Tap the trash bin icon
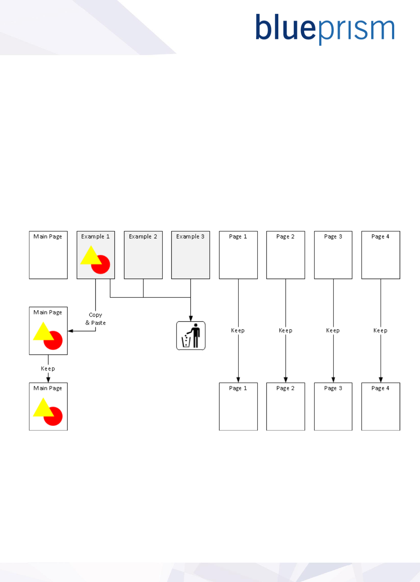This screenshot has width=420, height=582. tap(191, 335)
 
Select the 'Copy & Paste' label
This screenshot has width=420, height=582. tap(95, 319)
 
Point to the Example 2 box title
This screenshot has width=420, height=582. tap(143, 237)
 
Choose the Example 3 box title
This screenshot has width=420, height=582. tap(190, 237)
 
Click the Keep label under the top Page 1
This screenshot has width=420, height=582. tap(238, 331)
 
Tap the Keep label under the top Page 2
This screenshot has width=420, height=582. tap(285, 331)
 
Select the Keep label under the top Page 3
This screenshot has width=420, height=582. tap(333, 331)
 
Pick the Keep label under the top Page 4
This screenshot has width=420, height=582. tap(380, 331)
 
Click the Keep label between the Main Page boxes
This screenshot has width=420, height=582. tap(48, 369)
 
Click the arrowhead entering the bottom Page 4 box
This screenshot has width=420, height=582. tap(381, 380)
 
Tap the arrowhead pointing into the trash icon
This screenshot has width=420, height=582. tap(191, 319)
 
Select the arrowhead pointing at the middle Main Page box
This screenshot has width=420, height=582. tap(70, 331)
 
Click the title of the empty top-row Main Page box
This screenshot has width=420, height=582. tap(48, 237)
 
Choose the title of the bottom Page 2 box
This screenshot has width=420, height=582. tap(285, 388)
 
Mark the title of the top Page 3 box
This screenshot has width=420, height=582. tap(333, 237)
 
